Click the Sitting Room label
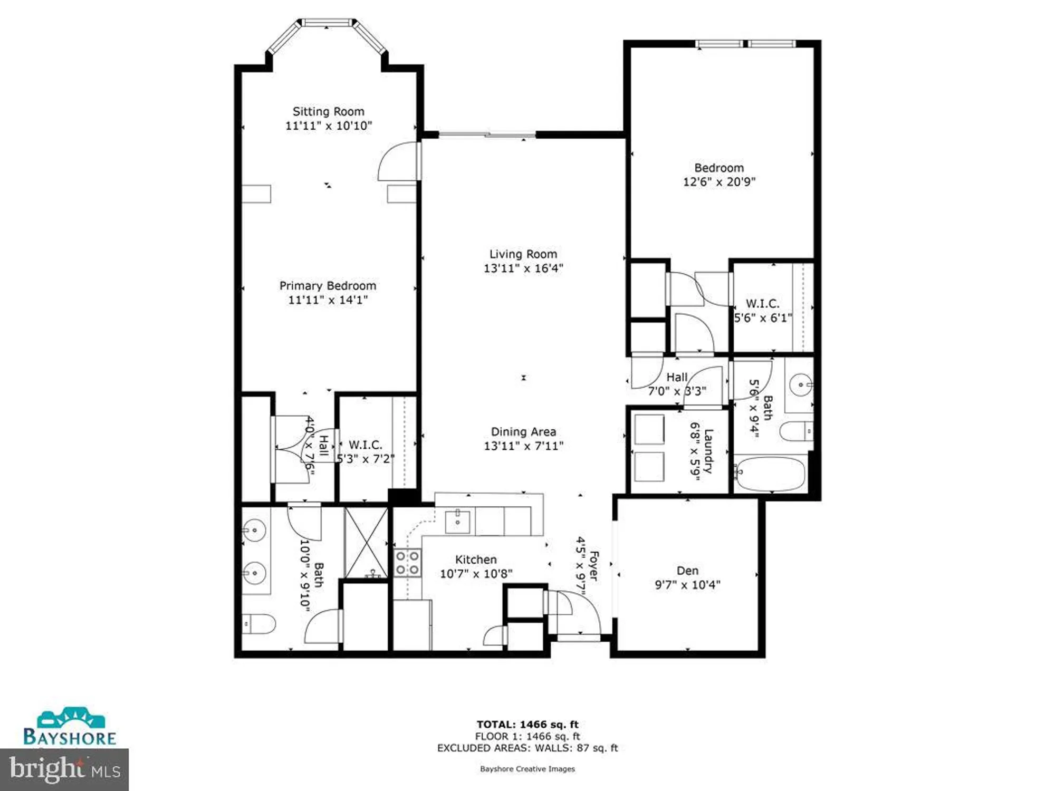click(328, 112)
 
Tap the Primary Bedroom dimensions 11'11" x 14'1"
click(328, 300)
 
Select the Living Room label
click(523, 254)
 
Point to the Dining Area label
click(523, 432)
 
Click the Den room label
click(687, 571)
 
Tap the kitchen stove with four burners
click(407, 562)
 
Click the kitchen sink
click(457, 521)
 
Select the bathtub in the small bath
click(771, 474)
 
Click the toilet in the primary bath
click(259, 624)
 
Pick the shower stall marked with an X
click(366, 542)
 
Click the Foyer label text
click(593, 566)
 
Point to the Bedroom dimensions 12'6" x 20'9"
click(719, 182)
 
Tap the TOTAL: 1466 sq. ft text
click(527, 725)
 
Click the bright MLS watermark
click(64, 769)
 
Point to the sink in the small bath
click(801, 384)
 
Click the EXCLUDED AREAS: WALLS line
click(527, 748)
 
